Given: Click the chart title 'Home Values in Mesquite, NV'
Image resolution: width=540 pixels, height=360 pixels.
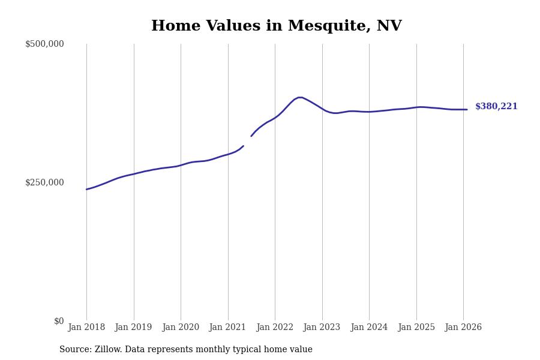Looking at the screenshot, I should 276,26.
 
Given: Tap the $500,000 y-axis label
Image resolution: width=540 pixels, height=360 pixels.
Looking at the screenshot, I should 44,44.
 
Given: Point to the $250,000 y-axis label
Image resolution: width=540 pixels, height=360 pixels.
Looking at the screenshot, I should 44,182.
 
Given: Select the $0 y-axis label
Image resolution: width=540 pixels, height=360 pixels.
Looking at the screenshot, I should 59,321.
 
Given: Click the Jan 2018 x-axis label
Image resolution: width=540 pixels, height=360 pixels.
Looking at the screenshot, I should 86,327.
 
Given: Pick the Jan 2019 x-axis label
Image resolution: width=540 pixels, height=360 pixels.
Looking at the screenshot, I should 133,327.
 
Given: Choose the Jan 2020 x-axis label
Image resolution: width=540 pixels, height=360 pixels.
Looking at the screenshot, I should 181,327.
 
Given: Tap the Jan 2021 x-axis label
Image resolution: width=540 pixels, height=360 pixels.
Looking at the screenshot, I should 227,327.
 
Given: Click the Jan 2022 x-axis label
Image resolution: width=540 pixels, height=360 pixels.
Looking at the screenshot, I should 275,327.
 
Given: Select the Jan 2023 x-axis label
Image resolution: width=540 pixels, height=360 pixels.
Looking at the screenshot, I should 322,327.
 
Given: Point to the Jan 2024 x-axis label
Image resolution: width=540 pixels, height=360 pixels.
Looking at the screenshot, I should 369,327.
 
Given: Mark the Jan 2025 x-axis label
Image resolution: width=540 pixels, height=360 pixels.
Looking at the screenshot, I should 416,327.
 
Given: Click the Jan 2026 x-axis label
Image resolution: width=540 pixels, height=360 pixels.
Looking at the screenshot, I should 463,327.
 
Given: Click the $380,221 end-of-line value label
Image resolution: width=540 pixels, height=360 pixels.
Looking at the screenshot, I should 496,107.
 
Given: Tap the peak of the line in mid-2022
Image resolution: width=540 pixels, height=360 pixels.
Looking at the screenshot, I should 300,97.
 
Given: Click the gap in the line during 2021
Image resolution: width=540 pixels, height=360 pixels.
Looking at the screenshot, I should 247,141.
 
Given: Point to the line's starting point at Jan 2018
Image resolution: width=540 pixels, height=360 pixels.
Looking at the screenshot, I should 86,189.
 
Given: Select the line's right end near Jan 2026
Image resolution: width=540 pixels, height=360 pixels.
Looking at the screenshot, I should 467,109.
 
